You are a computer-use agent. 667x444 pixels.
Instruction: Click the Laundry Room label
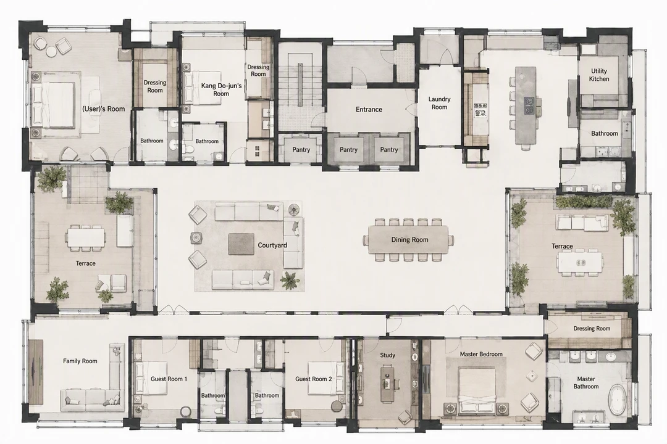coord(440,103)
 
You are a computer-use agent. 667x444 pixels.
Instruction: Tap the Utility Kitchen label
coord(599,75)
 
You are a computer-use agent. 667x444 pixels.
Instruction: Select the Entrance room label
coord(369,109)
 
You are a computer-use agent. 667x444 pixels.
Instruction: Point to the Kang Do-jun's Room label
coord(221,89)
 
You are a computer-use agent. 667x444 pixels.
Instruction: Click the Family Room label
coord(80,361)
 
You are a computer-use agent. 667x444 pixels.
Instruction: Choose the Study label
coord(387,355)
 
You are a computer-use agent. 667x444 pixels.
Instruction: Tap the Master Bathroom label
coord(585,382)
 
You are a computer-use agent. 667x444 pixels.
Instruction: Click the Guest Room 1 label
coord(169,379)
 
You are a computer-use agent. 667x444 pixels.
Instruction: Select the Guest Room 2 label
coord(314,379)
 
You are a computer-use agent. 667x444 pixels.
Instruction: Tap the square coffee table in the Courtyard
coord(241,244)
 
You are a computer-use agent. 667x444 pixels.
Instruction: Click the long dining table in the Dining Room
coord(408,239)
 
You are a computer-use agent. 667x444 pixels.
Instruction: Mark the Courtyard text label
coord(272,245)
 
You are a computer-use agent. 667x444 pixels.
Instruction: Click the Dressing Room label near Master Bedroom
coord(592,329)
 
